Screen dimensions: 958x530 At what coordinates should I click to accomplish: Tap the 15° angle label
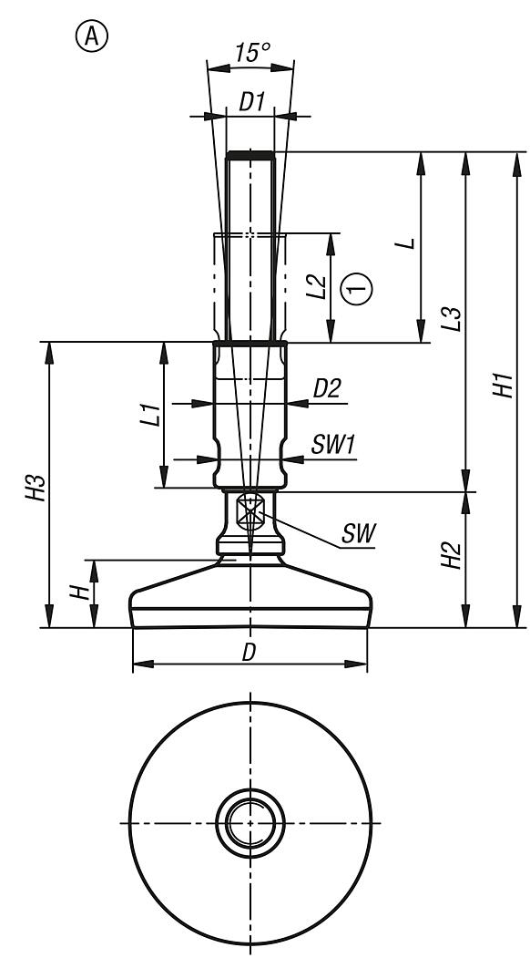pyautogui.click(x=250, y=53)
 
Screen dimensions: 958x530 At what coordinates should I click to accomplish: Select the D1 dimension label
pyautogui.click(x=251, y=102)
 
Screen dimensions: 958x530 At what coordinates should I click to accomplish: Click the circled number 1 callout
pyautogui.click(x=356, y=288)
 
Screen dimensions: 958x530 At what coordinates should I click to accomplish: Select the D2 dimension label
pyautogui.click(x=326, y=389)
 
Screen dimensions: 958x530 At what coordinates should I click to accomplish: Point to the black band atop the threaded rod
pyautogui.click(x=250, y=154)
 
